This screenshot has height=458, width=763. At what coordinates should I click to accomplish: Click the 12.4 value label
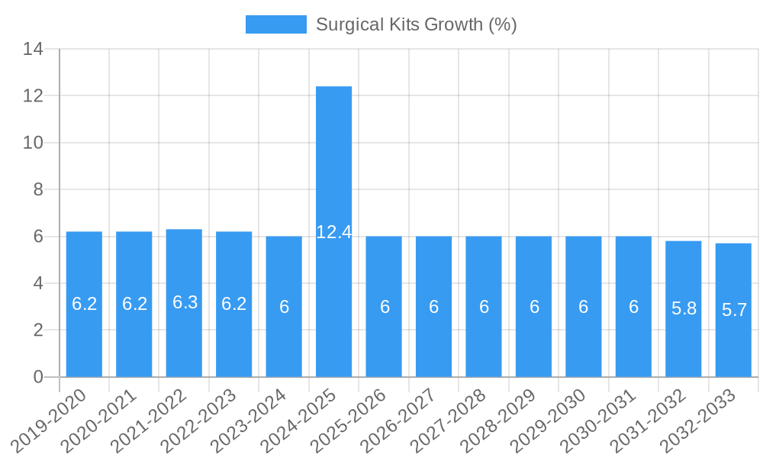coord(333,232)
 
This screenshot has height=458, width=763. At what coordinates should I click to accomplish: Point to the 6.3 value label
coord(185,302)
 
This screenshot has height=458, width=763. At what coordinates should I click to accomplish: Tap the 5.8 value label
coord(684,309)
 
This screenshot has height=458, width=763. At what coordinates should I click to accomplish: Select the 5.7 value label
coord(734,310)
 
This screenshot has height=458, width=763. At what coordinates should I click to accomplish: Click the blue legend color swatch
coord(275,24)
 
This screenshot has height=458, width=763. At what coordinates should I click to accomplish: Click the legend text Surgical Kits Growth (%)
coord(416,24)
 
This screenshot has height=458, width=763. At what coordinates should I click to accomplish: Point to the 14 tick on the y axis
coord(33,50)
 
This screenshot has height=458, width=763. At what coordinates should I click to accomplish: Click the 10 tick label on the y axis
coord(33,143)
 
